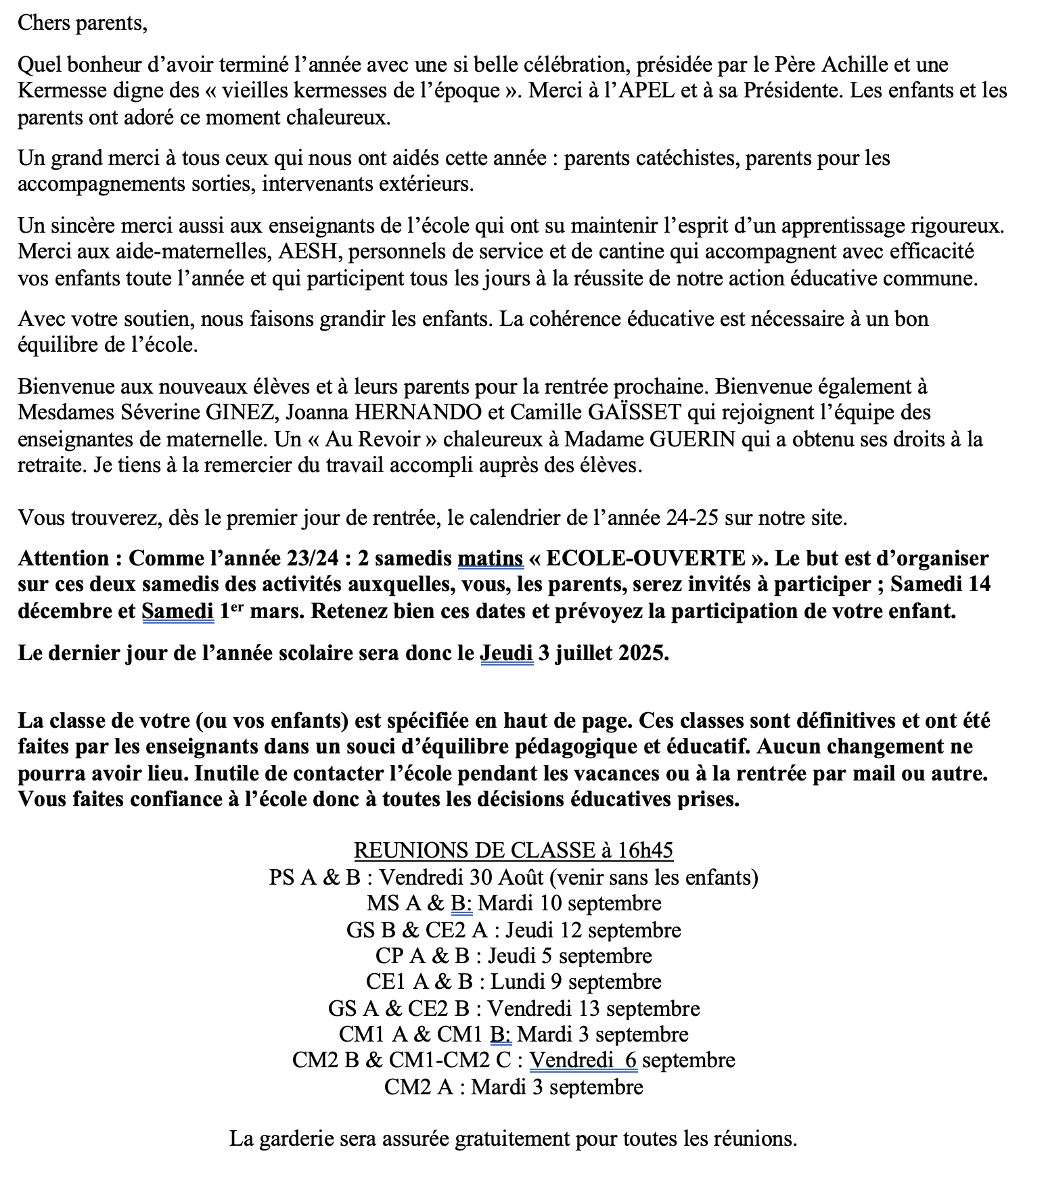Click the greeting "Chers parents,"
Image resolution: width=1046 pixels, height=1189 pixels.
pyautogui.click(x=82, y=24)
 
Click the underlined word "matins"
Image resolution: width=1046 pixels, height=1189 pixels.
pyautogui.click(x=491, y=559)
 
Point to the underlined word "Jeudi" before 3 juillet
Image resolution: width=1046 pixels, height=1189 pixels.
pyautogui.click(x=506, y=653)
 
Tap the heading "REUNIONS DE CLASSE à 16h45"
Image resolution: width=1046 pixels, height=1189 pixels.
pyautogui.click(x=514, y=850)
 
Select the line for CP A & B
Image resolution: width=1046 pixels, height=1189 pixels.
pyautogui.click(x=514, y=956)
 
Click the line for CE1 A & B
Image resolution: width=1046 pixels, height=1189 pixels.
pyautogui.click(x=514, y=981)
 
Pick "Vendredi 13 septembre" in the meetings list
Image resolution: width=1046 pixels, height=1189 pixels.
pyautogui.click(x=593, y=1008)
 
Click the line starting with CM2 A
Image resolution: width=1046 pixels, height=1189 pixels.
pyautogui.click(x=514, y=1087)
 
